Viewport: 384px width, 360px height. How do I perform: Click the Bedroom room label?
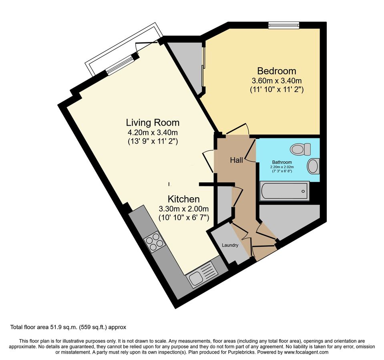pos(276,71)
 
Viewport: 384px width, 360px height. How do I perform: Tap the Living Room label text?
pos(153,122)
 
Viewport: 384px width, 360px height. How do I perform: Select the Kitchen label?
pos(183,199)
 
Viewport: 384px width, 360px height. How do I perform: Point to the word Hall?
pos(236,160)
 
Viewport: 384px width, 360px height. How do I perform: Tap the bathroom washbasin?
pos(313,166)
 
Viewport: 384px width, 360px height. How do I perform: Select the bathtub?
pos(284,191)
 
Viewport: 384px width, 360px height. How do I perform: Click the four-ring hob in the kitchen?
pos(154,241)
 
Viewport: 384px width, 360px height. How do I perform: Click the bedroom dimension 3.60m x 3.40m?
pos(276,80)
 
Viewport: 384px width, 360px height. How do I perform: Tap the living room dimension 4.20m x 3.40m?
pos(153,132)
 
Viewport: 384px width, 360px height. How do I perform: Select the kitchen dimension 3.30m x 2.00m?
pos(183,208)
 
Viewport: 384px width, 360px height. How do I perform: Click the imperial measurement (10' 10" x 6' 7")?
pos(183,218)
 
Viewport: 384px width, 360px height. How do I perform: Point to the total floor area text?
pos(68,327)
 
